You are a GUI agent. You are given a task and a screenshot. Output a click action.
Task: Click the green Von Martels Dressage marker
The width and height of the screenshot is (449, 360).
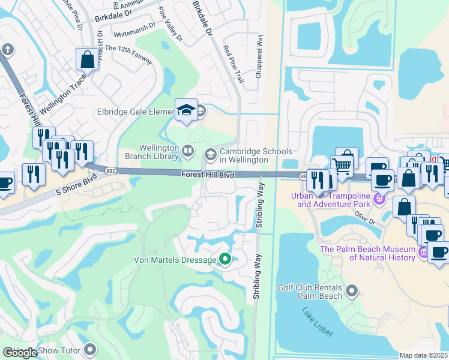pos(225,260)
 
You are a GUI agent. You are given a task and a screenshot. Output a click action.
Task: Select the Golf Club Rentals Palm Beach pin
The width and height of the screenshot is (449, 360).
pos(352,292)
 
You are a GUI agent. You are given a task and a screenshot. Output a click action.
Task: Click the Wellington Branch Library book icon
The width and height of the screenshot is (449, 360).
pos(188,151)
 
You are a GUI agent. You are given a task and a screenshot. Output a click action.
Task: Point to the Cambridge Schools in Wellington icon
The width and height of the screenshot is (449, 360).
pos(210,155)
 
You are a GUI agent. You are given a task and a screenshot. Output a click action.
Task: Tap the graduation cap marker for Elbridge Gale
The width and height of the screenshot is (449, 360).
pos(186,109)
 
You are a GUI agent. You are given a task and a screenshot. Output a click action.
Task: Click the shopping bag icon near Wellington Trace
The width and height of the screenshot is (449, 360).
pos(87,59)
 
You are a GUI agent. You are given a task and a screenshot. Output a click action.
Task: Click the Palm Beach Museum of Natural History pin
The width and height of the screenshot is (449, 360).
pos(424,253)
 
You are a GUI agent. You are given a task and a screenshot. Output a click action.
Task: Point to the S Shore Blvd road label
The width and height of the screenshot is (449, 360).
pos(76,183)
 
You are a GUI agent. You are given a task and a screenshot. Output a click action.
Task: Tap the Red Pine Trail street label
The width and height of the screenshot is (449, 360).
pos(234,63)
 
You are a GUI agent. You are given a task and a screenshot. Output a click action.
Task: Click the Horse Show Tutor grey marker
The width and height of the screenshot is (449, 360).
pos(90,349)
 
